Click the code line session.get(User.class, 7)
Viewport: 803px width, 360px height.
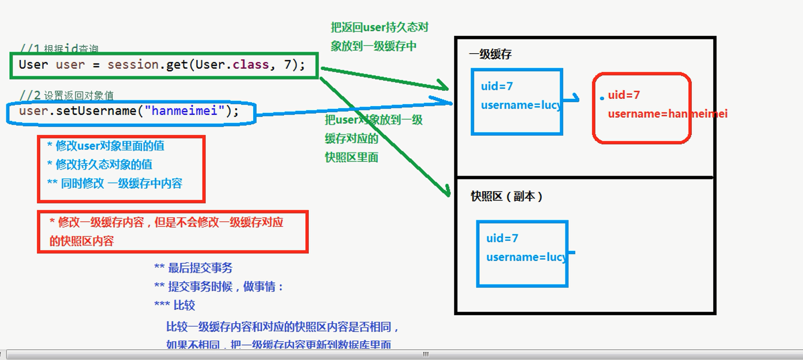[x=162, y=65]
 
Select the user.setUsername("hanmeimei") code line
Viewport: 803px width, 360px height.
[x=129, y=111]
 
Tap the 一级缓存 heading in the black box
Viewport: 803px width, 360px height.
[x=490, y=54]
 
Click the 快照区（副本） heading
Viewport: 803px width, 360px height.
[x=506, y=196]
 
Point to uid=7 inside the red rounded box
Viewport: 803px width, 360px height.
[x=624, y=95]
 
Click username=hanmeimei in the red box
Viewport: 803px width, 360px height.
[x=667, y=114]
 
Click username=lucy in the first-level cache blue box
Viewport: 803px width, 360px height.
[x=521, y=105]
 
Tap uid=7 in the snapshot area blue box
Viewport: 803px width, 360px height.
[x=502, y=239]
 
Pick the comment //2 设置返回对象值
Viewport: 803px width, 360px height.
[x=67, y=95]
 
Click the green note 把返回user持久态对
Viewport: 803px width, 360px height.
[x=380, y=28]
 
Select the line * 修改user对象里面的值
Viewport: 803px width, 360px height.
[x=106, y=146]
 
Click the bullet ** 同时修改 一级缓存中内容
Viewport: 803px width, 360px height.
[x=115, y=183]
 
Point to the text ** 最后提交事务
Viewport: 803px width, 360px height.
[x=193, y=268]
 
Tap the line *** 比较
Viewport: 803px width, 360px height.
[x=175, y=305]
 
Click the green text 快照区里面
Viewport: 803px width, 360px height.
[x=351, y=157]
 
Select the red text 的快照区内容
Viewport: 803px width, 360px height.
[x=82, y=241]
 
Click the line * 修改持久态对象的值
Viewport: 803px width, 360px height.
[x=100, y=164]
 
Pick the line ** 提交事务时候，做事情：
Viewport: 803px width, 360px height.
[x=219, y=287]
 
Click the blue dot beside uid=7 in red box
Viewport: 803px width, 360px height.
[x=602, y=98]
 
